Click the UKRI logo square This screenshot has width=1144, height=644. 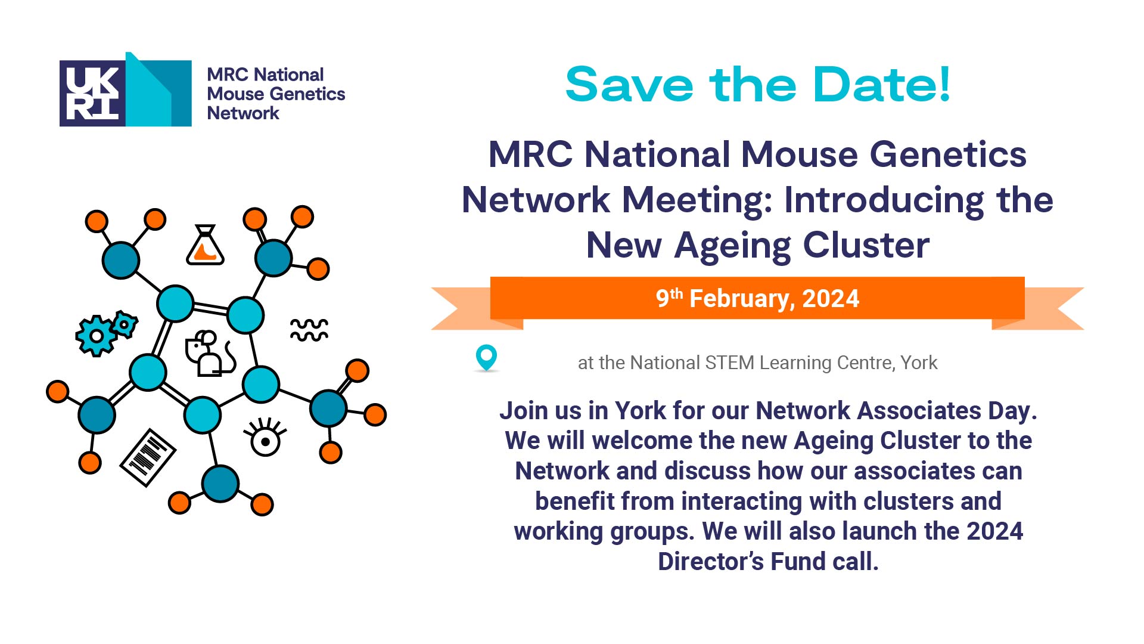click(92, 93)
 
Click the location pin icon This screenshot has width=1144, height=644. click(486, 358)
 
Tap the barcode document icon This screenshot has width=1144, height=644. click(148, 457)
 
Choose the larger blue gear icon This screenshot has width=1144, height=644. click(95, 336)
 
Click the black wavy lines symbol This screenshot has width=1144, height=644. click(309, 330)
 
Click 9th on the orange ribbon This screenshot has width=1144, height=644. click(669, 297)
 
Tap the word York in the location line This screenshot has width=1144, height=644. click(919, 363)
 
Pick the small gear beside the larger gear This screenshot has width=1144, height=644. click(125, 324)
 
